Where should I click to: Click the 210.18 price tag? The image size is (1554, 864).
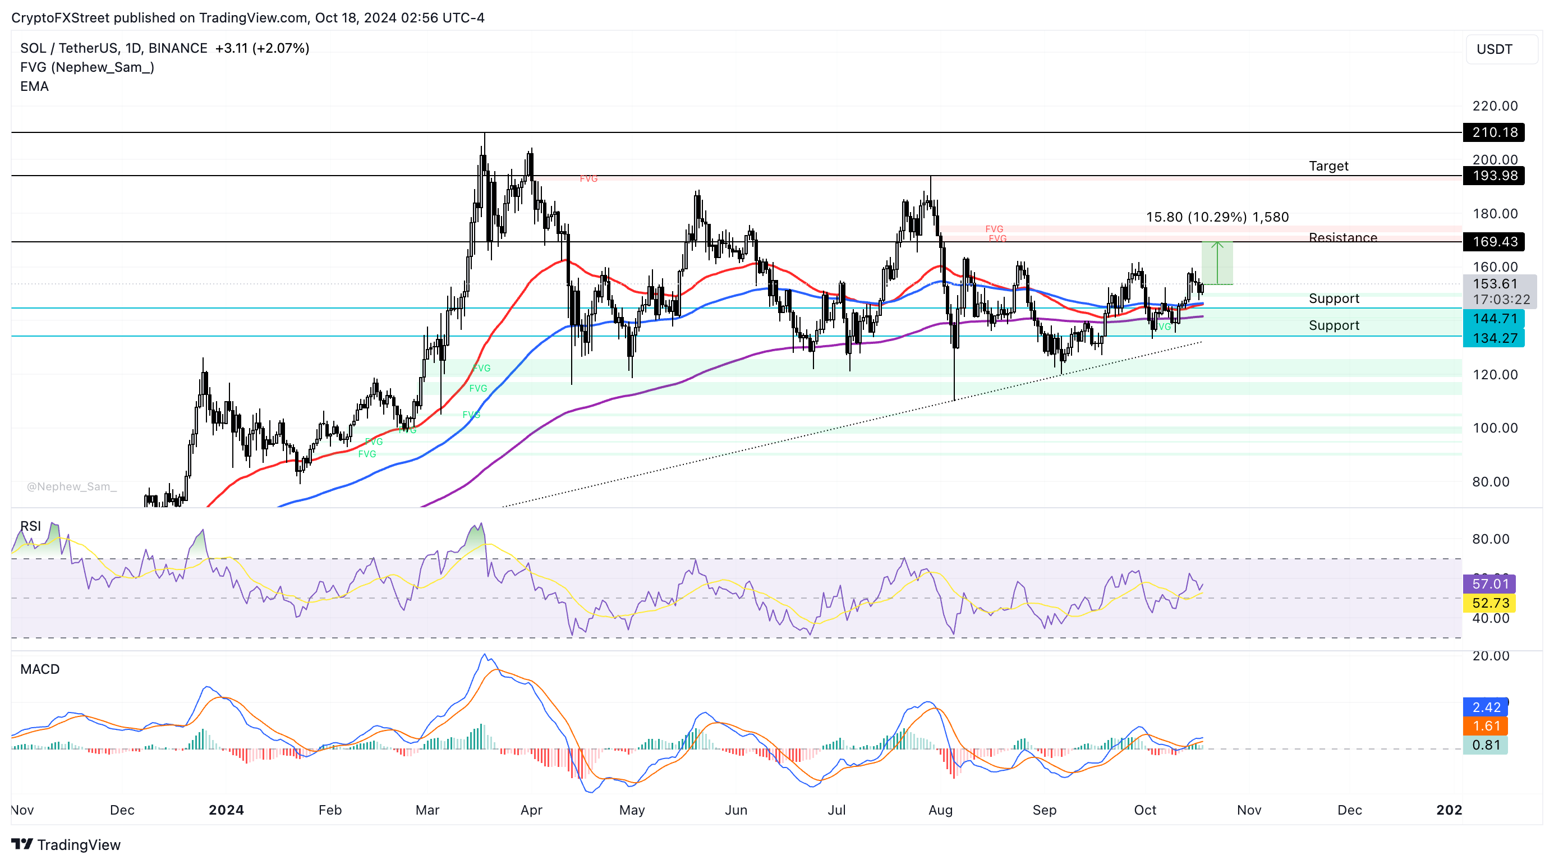tap(1493, 132)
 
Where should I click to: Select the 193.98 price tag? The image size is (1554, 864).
tap(1493, 176)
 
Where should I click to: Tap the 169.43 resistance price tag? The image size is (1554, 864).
tap(1493, 242)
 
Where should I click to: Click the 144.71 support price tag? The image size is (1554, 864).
tap(1493, 319)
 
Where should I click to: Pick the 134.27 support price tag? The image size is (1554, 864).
tap(1493, 338)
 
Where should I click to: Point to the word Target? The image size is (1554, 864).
tap(1328, 166)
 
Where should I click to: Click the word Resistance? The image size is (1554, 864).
tap(1343, 238)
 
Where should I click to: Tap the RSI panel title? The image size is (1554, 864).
tap(31, 526)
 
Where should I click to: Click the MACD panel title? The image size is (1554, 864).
tap(40, 669)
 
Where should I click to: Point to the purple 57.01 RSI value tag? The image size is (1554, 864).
tap(1489, 583)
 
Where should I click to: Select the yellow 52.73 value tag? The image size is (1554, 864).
tap(1489, 603)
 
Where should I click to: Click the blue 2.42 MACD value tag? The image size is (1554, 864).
tap(1485, 707)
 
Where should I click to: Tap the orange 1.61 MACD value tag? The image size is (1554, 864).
tap(1485, 726)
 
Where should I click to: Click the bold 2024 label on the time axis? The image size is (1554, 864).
tap(226, 810)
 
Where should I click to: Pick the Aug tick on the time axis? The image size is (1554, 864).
tap(940, 810)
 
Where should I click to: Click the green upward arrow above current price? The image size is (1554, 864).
tap(1217, 262)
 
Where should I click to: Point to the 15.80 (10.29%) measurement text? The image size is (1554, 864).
tap(1217, 217)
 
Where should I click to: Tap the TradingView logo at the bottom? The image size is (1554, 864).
tap(66, 845)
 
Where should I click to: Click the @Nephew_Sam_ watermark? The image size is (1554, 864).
tap(72, 486)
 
